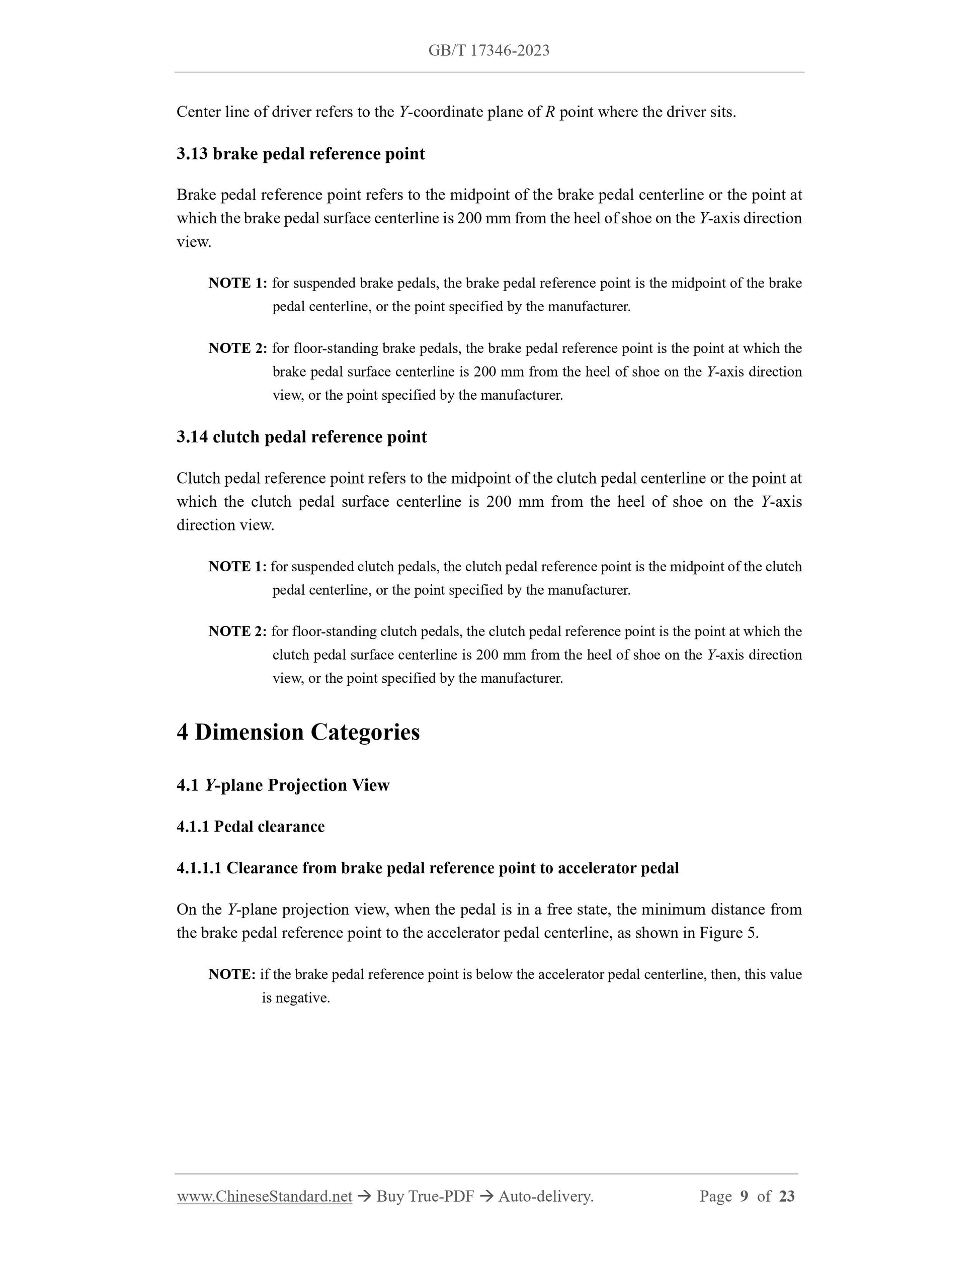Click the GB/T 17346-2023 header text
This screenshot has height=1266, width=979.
[488, 50]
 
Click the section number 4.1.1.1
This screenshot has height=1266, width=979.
[199, 868]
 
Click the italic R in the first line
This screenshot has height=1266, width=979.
[550, 112]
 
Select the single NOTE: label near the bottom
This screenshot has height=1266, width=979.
[232, 974]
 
